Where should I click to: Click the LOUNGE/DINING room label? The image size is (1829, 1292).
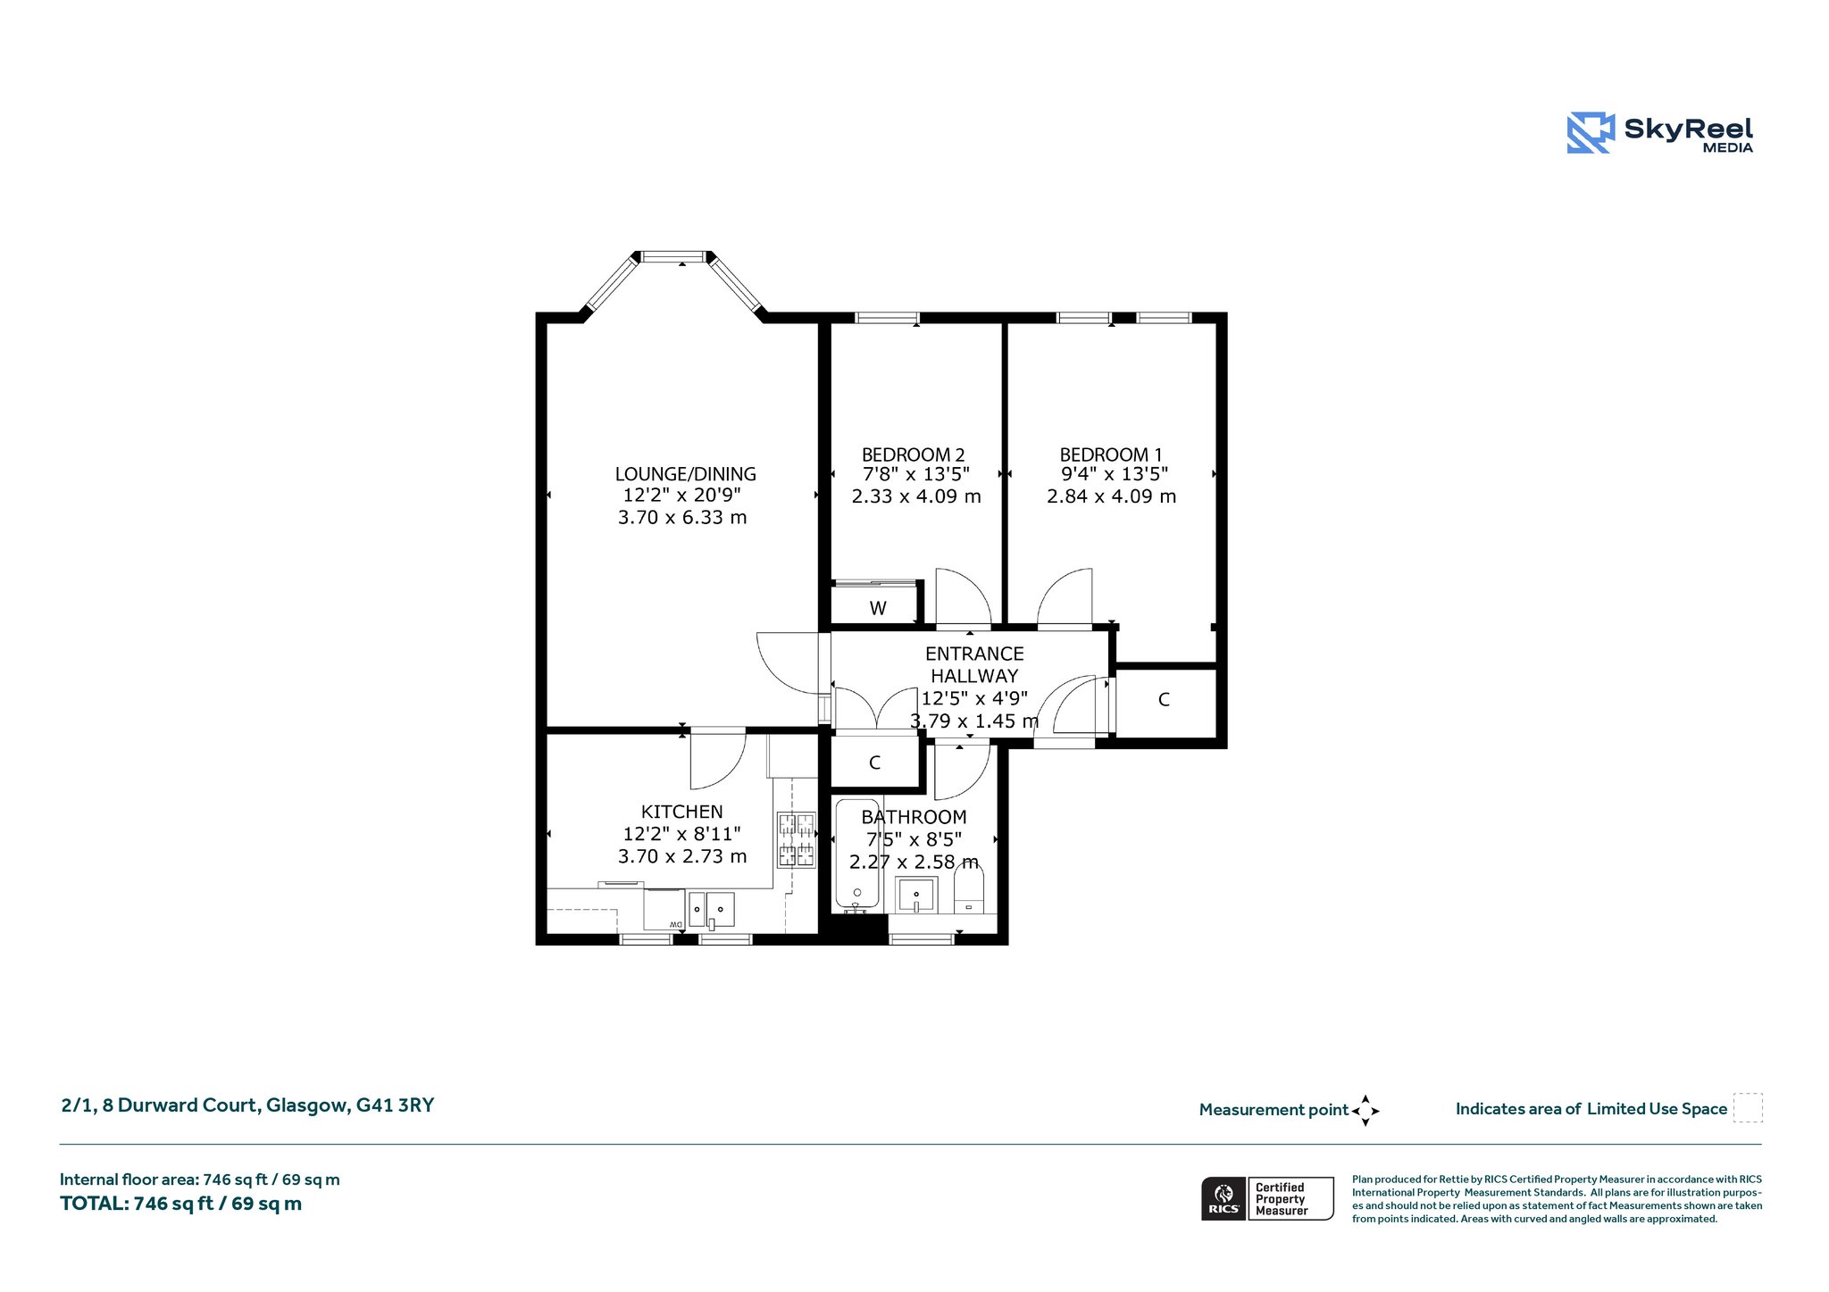click(x=685, y=474)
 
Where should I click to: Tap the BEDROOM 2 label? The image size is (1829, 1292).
click(x=913, y=454)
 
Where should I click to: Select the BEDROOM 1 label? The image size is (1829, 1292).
click(x=1111, y=454)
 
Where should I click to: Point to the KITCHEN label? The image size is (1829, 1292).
click(x=681, y=812)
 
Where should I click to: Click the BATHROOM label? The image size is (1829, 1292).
click(x=914, y=817)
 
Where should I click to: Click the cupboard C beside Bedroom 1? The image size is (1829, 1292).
click(x=1165, y=701)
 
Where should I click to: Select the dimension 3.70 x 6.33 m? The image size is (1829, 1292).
click(x=682, y=517)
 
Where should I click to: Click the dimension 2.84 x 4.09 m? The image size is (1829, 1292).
click(x=1111, y=496)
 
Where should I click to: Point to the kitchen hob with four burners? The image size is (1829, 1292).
click(x=796, y=839)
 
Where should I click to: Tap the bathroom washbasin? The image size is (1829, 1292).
click(x=916, y=895)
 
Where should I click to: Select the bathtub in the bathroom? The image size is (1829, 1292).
click(x=857, y=855)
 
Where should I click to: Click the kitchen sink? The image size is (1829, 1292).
click(x=711, y=910)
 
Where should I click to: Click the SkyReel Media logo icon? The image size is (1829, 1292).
click(x=1591, y=132)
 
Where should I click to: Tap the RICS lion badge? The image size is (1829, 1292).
click(x=1224, y=1198)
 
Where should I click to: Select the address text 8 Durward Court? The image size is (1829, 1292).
click(x=182, y=1105)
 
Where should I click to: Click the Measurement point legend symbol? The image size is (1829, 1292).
click(x=1365, y=1111)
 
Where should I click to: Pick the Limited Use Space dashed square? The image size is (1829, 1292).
click(x=1748, y=1108)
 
